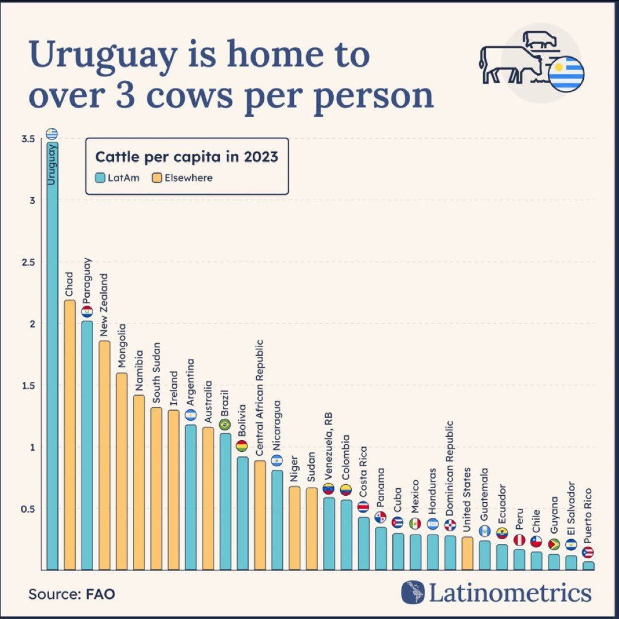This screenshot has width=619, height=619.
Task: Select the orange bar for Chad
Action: tap(69, 434)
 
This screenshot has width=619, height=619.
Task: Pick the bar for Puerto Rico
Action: tap(588, 565)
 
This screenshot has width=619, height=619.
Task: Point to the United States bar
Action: tap(467, 553)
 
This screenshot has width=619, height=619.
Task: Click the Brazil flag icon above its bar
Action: tap(225, 425)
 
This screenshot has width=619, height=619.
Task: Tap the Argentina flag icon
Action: tap(190, 415)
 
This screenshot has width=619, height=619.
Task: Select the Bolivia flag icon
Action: tap(242, 446)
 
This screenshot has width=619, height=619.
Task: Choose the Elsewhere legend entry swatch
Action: tap(156, 178)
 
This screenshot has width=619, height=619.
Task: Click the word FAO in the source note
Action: tap(101, 594)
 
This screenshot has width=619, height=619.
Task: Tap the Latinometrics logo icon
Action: tap(413, 592)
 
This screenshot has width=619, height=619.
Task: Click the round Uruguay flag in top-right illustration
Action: tap(566, 75)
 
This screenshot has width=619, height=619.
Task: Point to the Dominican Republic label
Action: tap(449, 469)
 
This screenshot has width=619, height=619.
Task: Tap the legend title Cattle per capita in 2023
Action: tap(186, 157)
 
